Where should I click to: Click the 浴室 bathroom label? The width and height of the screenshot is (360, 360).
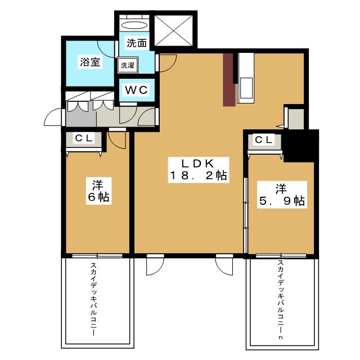[90, 62]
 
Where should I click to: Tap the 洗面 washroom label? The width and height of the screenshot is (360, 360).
[137, 43]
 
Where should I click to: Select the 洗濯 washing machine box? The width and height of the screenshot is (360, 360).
[128, 65]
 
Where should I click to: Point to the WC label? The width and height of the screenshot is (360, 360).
[136, 90]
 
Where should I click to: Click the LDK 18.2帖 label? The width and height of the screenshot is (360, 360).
[199, 170]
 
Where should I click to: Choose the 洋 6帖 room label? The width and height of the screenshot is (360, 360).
[99, 191]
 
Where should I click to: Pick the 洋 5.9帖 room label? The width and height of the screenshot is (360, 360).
[282, 195]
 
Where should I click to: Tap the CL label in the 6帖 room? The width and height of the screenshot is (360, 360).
[84, 138]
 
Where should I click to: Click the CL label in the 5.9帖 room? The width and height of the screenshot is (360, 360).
[264, 140]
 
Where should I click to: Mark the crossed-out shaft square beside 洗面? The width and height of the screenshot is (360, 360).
[173, 30]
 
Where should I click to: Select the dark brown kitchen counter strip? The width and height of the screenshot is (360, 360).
[229, 80]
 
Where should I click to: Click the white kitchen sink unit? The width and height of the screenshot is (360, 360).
[246, 78]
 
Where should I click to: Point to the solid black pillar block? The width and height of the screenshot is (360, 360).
[301, 146]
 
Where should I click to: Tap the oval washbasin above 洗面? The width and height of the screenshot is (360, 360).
[134, 25]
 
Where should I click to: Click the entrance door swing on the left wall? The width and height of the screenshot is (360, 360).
[53, 118]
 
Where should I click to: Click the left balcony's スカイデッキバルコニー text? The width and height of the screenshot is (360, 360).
[93, 299]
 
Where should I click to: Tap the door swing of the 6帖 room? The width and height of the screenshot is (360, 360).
[117, 140]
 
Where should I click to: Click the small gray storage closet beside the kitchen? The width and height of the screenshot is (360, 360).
[296, 119]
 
